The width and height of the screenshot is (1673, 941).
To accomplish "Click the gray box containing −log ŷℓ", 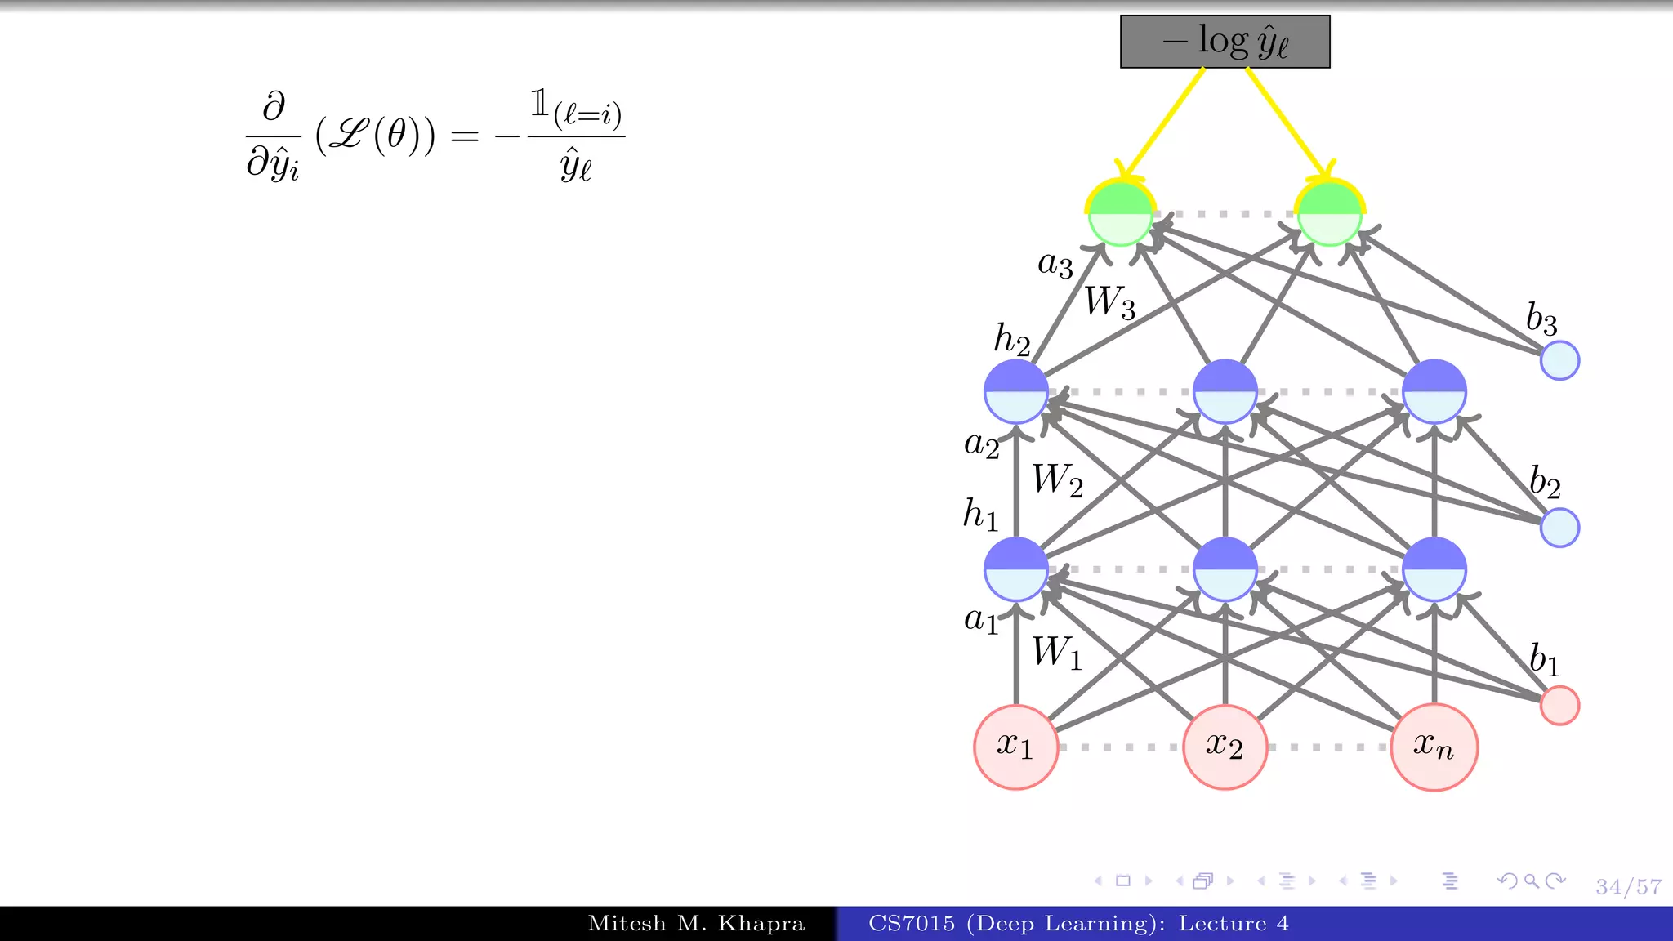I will pyautogui.click(x=1225, y=42).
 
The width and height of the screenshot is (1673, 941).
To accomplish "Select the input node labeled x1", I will pyautogui.click(x=1015, y=747).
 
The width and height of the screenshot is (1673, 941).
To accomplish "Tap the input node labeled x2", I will pyautogui.click(x=1225, y=747).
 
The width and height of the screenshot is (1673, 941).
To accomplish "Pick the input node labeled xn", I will pyautogui.click(x=1434, y=747).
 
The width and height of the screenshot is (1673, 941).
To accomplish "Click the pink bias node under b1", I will pyautogui.click(x=1559, y=706).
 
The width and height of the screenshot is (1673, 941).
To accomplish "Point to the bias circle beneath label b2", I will pyautogui.click(x=1559, y=528).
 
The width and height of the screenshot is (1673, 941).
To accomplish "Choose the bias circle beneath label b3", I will pyautogui.click(x=1559, y=361).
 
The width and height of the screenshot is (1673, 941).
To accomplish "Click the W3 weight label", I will pyautogui.click(x=1109, y=302).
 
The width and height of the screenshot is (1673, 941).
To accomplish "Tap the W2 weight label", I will pyautogui.click(x=1057, y=480).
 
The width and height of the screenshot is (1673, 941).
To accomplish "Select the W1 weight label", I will pyautogui.click(x=1056, y=653).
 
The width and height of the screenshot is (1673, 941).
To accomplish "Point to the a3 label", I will pyautogui.click(x=1055, y=264).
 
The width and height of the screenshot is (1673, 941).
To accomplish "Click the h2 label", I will pyautogui.click(x=1011, y=339).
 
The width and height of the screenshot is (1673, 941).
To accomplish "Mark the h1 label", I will pyautogui.click(x=980, y=515).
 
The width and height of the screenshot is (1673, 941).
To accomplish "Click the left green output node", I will pyautogui.click(x=1121, y=214).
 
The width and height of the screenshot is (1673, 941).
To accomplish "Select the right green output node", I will pyautogui.click(x=1329, y=214).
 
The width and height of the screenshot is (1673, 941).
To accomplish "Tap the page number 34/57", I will pyautogui.click(x=1628, y=887).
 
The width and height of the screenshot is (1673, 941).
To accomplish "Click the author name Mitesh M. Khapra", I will pyautogui.click(x=696, y=924).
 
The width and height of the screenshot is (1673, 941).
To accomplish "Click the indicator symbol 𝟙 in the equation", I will pyautogui.click(x=539, y=104).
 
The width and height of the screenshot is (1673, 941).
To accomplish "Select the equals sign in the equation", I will pyautogui.click(x=464, y=136).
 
